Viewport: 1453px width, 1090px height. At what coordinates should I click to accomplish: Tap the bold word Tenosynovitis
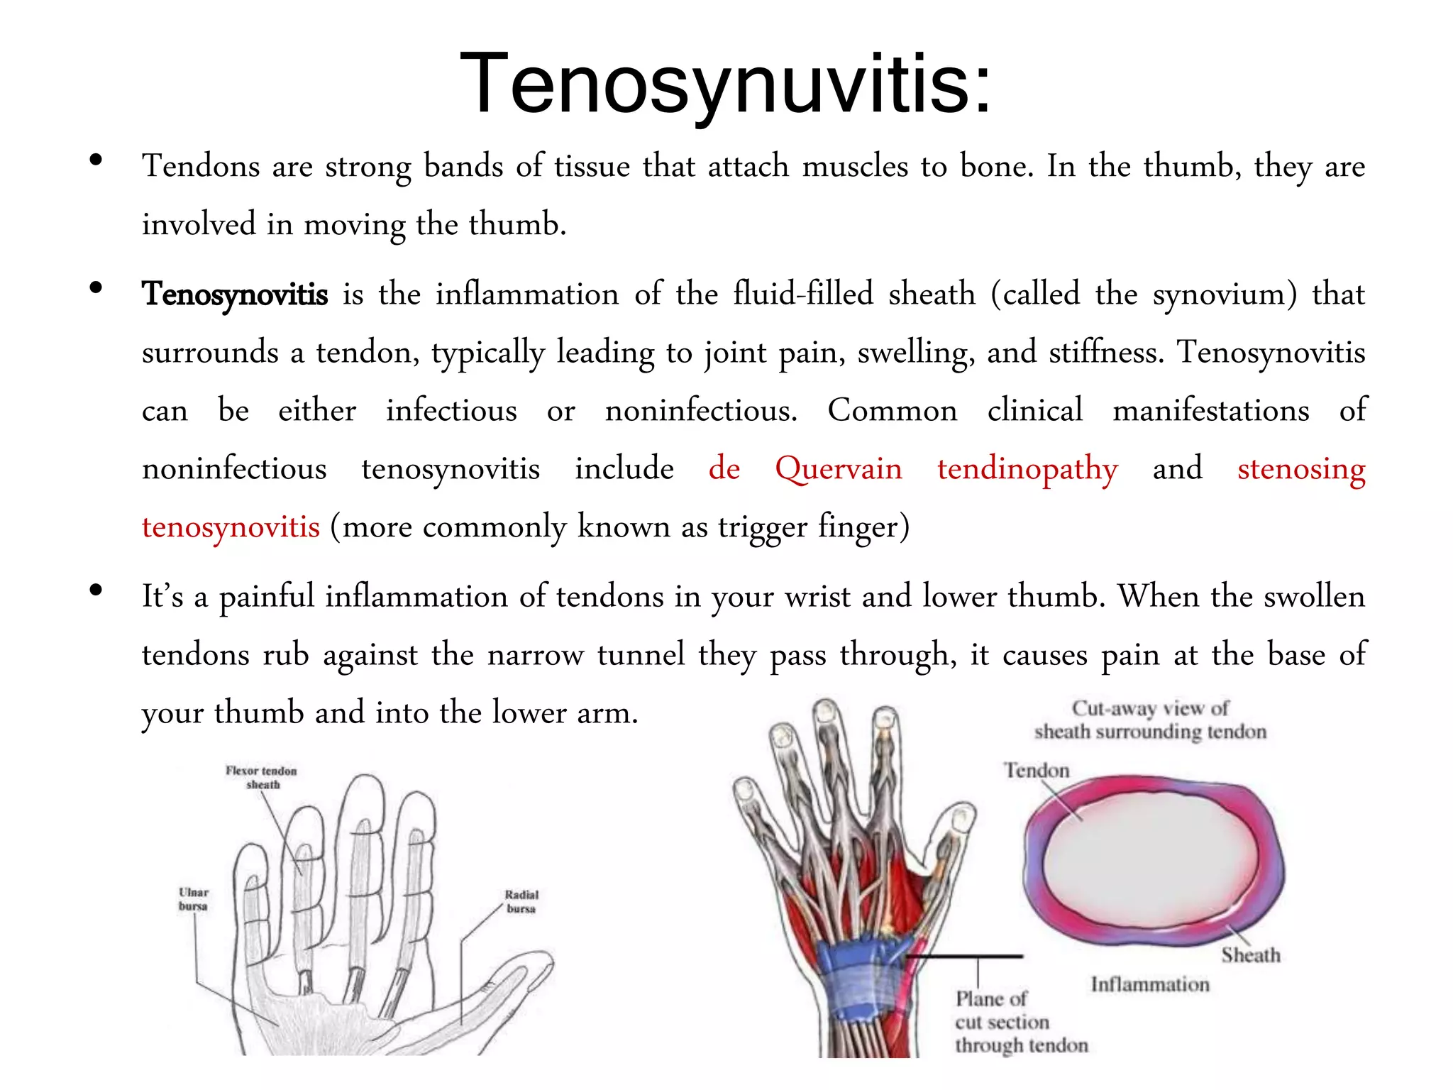click(235, 294)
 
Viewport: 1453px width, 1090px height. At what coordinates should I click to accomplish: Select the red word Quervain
click(839, 469)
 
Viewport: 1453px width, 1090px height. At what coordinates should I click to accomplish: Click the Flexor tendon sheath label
click(262, 778)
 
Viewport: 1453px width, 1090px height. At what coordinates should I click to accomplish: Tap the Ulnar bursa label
click(193, 899)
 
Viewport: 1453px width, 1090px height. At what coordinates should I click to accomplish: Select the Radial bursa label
click(521, 901)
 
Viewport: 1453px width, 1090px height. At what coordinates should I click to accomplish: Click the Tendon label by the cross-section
click(1037, 771)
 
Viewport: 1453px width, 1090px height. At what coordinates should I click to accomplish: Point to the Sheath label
click(1251, 956)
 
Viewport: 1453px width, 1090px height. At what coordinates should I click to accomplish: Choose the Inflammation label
click(1150, 985)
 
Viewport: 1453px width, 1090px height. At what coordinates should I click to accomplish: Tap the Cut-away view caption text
click(1150, 720)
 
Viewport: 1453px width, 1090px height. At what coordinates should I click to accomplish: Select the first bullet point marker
click(96, 160)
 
